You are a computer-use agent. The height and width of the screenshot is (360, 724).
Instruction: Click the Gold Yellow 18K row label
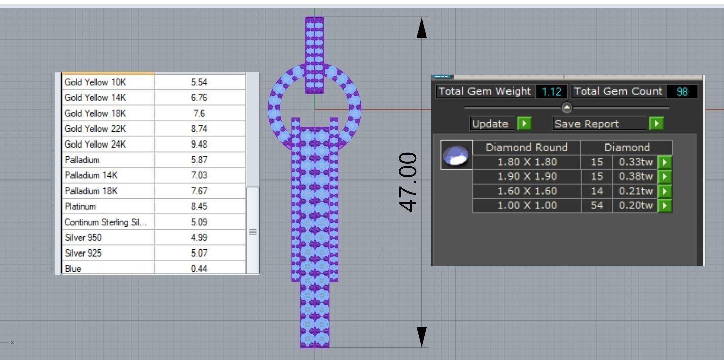[95, 113]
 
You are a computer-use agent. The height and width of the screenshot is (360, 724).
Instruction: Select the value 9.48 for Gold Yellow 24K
[199, 145]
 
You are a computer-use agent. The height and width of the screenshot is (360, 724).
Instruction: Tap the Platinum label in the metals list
[81, 207]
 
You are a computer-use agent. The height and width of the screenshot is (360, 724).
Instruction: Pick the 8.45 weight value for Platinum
[199, 207]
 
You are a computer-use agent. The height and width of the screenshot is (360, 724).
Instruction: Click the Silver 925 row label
[84, 253]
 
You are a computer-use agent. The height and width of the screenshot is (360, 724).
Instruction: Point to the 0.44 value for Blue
[199, 269]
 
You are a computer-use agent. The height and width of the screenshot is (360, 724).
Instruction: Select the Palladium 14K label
[91, 175]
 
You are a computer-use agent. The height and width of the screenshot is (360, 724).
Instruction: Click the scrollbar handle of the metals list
[252, 231]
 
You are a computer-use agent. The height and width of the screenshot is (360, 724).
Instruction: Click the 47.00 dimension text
[409, 182]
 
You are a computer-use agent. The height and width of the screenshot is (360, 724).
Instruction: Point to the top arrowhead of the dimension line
[421, 28]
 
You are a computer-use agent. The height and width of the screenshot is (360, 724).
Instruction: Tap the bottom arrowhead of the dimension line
[421, 336]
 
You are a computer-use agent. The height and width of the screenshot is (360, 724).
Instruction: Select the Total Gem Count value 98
[682, 92]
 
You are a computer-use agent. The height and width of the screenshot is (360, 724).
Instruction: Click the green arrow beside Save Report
[656, 124]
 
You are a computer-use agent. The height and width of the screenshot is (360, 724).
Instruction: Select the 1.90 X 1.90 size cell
[527, 176]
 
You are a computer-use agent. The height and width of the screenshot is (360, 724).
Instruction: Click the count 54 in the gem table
[597, 205]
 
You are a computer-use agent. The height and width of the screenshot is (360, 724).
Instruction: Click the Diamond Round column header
[527, 148]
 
